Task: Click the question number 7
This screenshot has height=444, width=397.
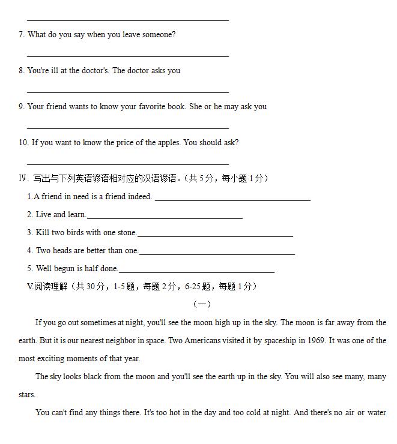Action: pyautogui.click(x=22, y=35)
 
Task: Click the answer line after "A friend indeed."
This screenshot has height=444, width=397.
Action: pyautogui.click(x=232, y=199)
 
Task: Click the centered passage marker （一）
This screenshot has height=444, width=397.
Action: pyautogui.click(x=201, y=304)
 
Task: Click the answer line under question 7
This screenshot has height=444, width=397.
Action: pyautogui.click(x=128, y=56)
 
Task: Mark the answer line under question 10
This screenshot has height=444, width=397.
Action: pyautogui.click(x=128, y=163)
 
